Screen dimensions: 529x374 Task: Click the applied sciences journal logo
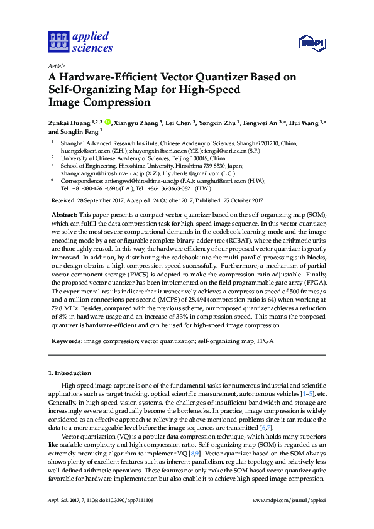click(80, 41)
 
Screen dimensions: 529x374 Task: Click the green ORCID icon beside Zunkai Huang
click(107, 123)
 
